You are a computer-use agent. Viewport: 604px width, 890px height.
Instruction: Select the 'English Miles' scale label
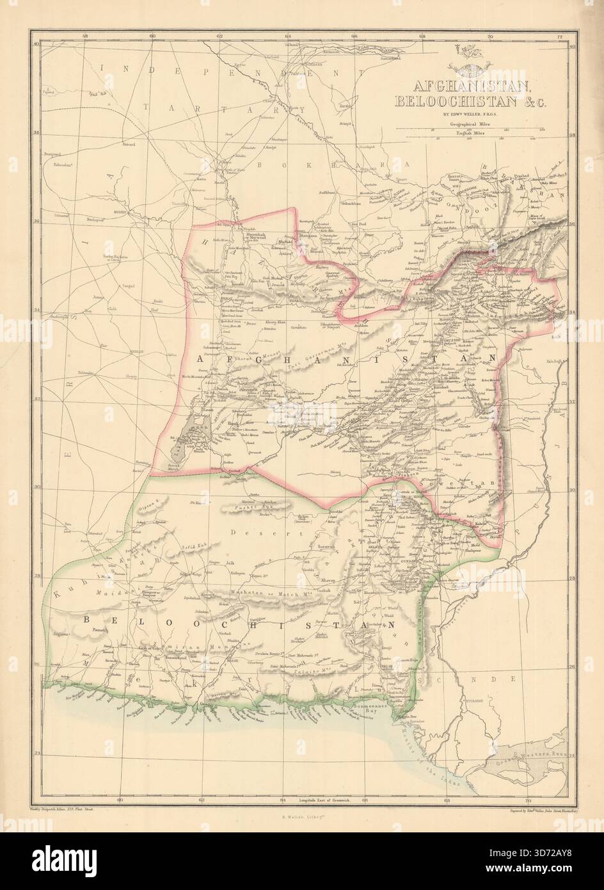click(x=472, y=133)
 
